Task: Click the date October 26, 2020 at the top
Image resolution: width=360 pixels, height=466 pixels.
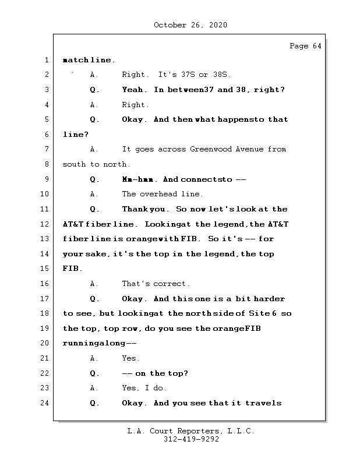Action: pos(190,25)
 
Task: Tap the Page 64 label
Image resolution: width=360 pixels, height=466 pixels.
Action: pos(305,46)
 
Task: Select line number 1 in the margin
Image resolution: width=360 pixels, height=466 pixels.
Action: pos(47,60)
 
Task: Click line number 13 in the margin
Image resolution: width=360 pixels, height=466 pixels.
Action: pos(44,239)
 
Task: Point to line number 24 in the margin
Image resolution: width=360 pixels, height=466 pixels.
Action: pos(44,403)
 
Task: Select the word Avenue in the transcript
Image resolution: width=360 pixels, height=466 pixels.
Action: pos(249,149)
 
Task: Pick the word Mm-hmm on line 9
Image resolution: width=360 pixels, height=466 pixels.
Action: pos(139,179)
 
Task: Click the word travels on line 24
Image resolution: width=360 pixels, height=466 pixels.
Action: pos(263,403)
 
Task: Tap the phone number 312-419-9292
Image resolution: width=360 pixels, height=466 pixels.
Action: pos(191,439)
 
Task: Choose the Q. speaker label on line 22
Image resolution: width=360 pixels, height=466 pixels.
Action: pos(94,373)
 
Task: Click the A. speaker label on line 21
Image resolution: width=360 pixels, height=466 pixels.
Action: pos(94,358)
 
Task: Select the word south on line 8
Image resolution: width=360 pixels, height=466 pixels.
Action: pos(74,164)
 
